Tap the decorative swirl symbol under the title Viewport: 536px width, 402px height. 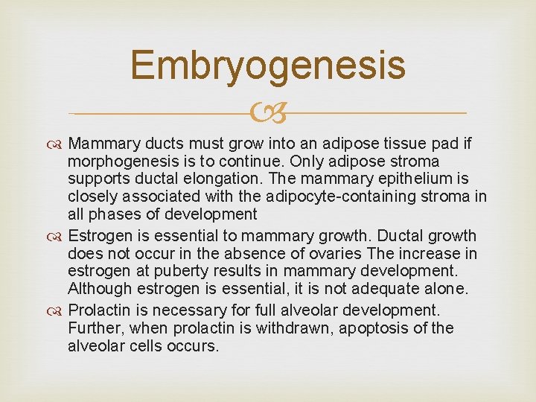(268, 113)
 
